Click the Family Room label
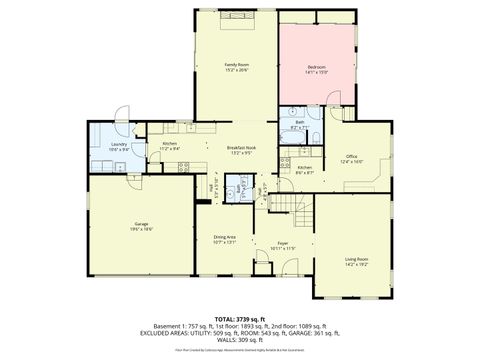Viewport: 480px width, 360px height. [x=236, y=64]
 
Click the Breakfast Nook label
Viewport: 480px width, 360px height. [x=243, y=148]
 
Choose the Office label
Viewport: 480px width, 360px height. [x=352, y=155]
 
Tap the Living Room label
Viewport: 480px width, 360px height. [x=357, y=260]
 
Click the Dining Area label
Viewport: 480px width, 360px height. [x=224, y=236]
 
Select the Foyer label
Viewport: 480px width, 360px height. [x=283, y=242]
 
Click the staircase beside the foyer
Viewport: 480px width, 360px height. [x=288, y=206]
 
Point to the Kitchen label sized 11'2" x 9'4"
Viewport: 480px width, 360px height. [x=170, y=143]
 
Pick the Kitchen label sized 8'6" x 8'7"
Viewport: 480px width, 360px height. [x=304, y=167]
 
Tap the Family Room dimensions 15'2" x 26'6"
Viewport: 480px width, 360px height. [x=236, y=70]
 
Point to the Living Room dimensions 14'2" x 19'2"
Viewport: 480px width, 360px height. [x=357, y=266]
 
